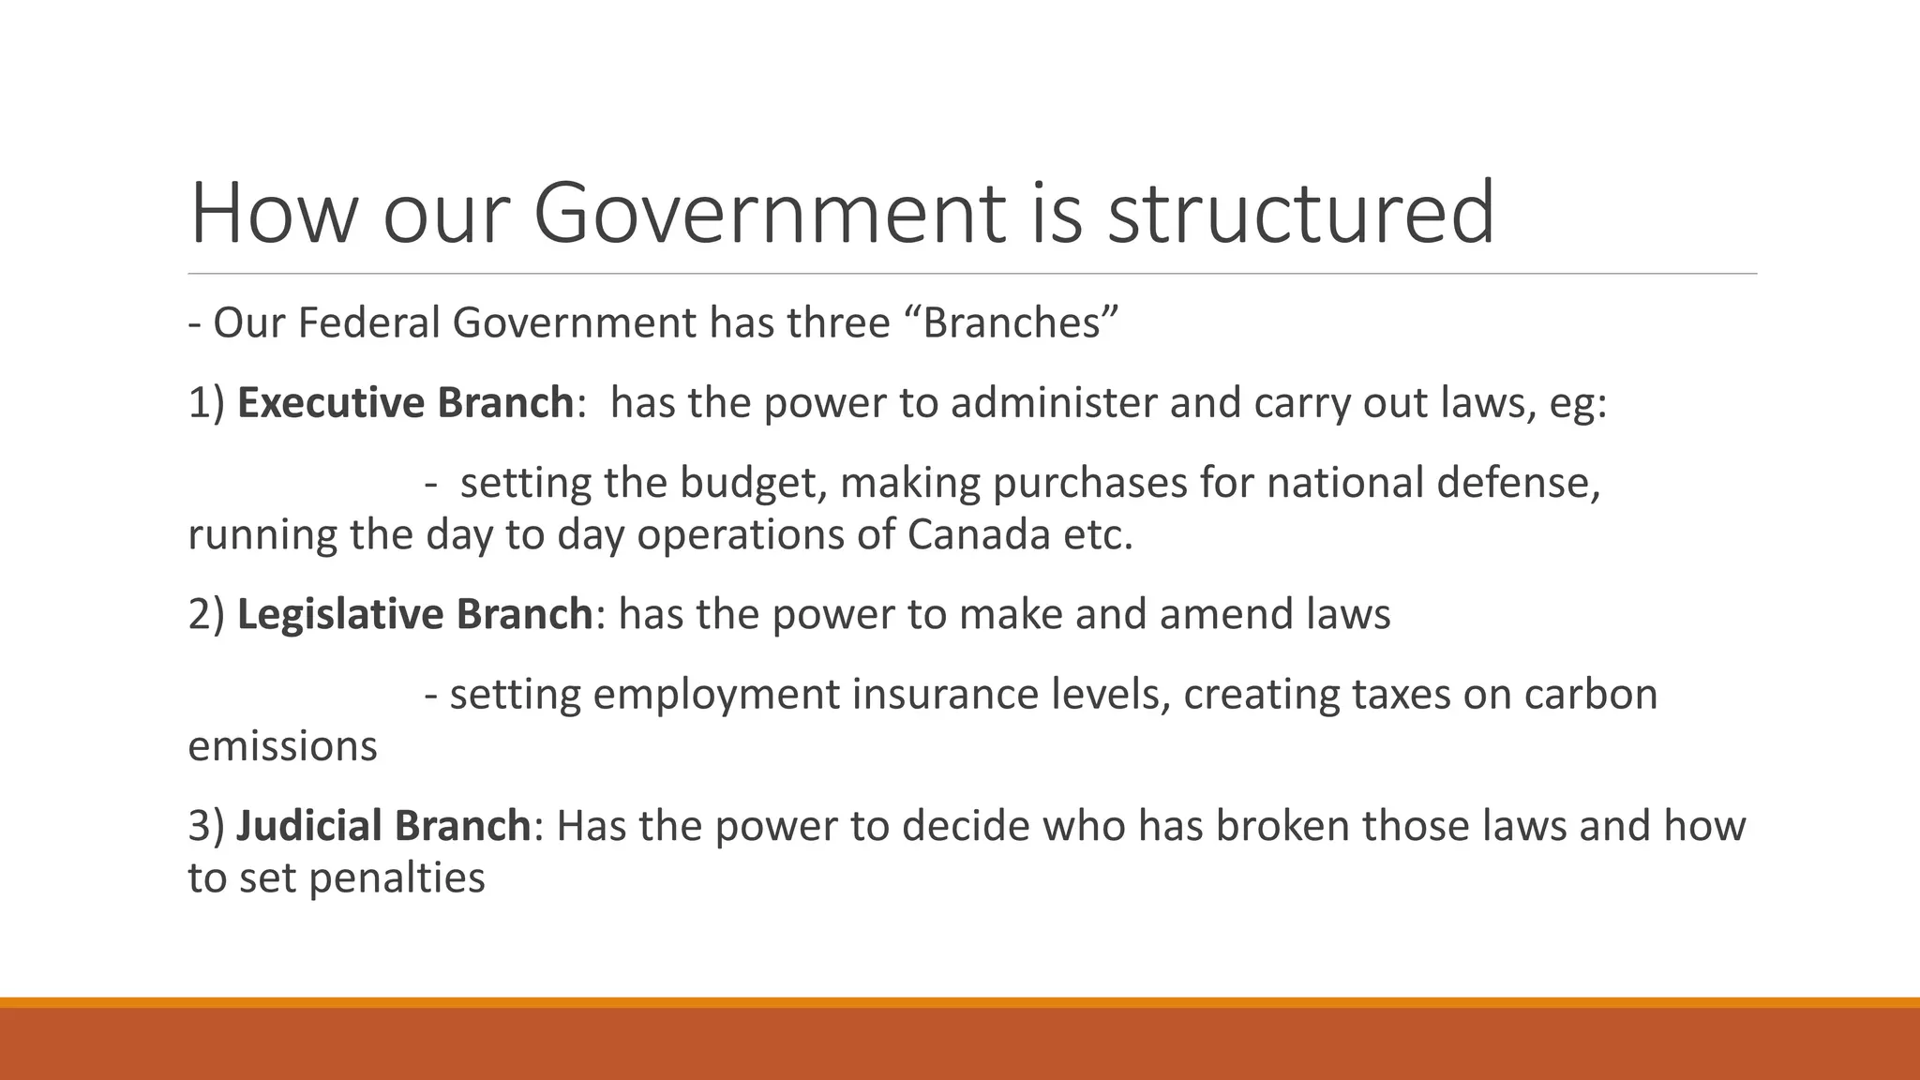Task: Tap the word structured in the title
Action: (1300, 214)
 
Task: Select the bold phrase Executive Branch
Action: (405, 403)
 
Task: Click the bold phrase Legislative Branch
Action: (414, 615)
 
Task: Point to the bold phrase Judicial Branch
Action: (383, 826)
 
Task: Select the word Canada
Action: (979, 535)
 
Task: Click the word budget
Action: (753, 484)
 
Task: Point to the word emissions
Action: (282, 747)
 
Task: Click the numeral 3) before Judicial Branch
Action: (206, 826)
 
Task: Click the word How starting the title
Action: (273, 214)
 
